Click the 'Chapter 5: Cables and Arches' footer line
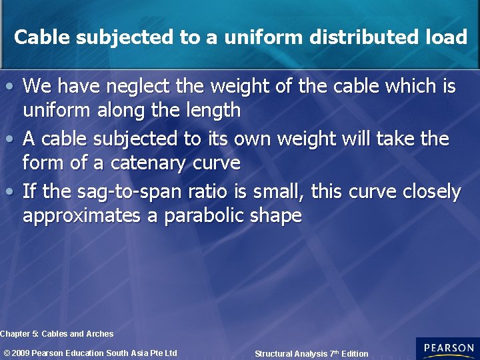pyautogui.click(x=57, y=334)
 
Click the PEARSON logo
pyautogui.click(x=447, y=349)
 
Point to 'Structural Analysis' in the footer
pyautogui.click(x=291, y=354)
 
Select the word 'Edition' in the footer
pyautogui.click(x=354, y=354)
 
